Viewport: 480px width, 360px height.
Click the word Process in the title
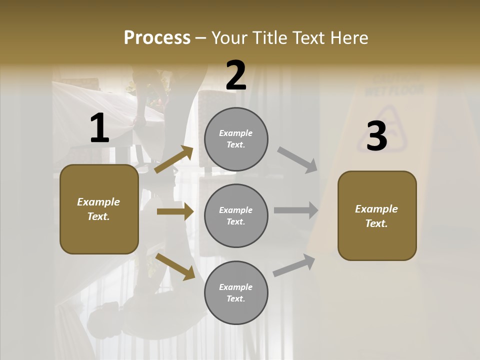coord(157,38)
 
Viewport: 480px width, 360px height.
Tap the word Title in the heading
coord(269,38)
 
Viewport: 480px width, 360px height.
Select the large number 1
coord(99,128)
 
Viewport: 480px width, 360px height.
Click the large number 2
coord(236,75)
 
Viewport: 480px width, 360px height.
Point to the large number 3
coord(376,136)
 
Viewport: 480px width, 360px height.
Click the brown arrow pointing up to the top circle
coord(174,159)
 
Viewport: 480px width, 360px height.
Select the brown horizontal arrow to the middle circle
coord(175,211)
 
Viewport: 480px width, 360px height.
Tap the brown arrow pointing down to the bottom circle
coord(175,266)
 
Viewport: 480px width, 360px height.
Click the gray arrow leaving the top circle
coord(297,159)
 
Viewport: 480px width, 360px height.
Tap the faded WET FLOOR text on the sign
coord(394,90)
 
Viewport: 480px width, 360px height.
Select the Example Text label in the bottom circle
coord(236,292)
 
